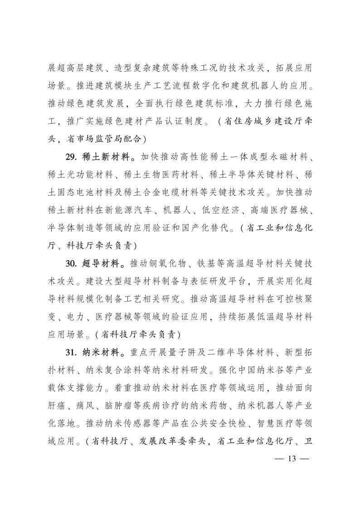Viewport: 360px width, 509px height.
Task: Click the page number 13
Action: [292, 459]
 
